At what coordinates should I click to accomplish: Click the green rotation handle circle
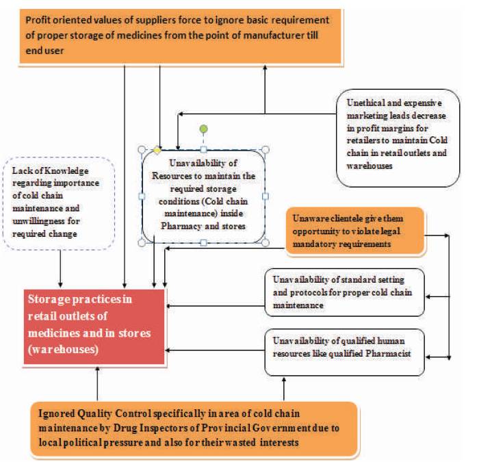pyautogui.click(x=204, y=129)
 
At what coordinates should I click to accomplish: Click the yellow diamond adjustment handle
pyautogui.click(x=157, y=151)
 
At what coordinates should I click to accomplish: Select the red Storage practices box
pyautogui.click(x=94, y=326)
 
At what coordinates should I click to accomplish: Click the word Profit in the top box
pyautogui.click(x=38, y=20)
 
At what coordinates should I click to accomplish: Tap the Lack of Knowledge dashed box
pyautogui.click(x=59, y=203)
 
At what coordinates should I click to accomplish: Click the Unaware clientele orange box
pyautogui.click(x=355, y=231)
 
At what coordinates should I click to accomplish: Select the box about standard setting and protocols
pyautogui.click(x=344, y=292)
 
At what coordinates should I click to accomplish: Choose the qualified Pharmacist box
pyautogui.click(x=344, y=352)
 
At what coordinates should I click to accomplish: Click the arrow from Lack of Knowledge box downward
pyautogui.click(x=60, y=269)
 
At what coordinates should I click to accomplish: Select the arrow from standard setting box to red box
pyautogui.click(x=216, y=306)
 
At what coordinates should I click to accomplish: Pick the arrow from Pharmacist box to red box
pyautogui.click(x=216, y=350)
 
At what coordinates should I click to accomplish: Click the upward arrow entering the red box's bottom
pyautogui.click(x=97, y=383)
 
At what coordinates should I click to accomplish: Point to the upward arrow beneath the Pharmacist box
pyautogui.click(x=284, y=389)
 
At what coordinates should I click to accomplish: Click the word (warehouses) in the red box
pyautogui.click(x=63, y=349)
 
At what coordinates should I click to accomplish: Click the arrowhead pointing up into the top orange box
pyautogui.click(x=265, y=68)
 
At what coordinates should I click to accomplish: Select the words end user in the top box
pyautogui.click(x=44, y=51)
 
